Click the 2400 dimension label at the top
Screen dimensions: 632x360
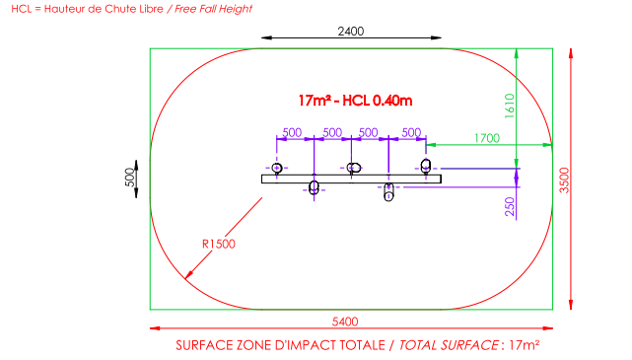[x=351, y=31]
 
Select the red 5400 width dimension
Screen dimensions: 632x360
[x=345, y=322]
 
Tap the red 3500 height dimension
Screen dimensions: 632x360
[x=564, y=180]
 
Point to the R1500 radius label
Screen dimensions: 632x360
[x=219, y=244]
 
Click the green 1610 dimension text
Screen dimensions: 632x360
[x=510, y=106]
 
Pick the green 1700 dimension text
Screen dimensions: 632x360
[x=487, y=138]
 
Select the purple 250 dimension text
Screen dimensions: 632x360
[x=510, y=206]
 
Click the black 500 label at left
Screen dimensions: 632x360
[x=130, y=178]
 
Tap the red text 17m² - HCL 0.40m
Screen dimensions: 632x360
[x=355, y=101]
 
